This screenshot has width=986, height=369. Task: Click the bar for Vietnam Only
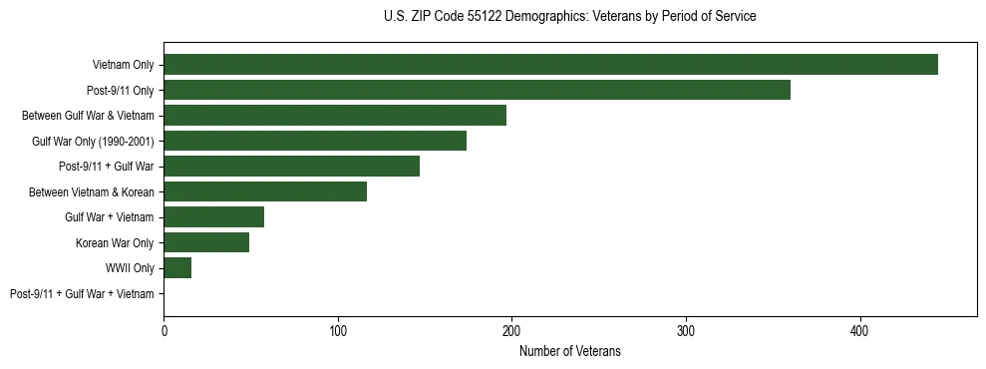[x=550, y=65]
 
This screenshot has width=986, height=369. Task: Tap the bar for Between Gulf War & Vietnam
[x=335, y=116]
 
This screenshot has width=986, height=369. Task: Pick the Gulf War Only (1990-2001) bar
[x=315, y=141]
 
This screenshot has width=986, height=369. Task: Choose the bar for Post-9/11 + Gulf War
[x=291, y=167]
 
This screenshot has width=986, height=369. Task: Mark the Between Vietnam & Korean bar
[x=265, y=191]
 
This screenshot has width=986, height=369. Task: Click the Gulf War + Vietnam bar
[x=213, y=217]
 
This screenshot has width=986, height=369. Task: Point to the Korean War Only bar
[x=206, y=242]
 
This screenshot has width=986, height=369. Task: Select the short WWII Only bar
[x=177, y=267]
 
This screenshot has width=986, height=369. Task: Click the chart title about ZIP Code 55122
[x=569, y=17]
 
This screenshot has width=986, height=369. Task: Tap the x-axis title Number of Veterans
[x=569, y=351]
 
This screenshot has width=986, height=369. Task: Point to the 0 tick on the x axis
[x=164, y=330]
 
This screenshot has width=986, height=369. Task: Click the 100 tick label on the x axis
[x=338, y=330]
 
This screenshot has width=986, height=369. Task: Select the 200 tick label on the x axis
[x=511, y=330]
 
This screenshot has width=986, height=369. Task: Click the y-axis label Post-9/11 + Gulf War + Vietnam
[x=82, y=293]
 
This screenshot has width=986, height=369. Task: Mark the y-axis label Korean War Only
[x=115, y=242]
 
